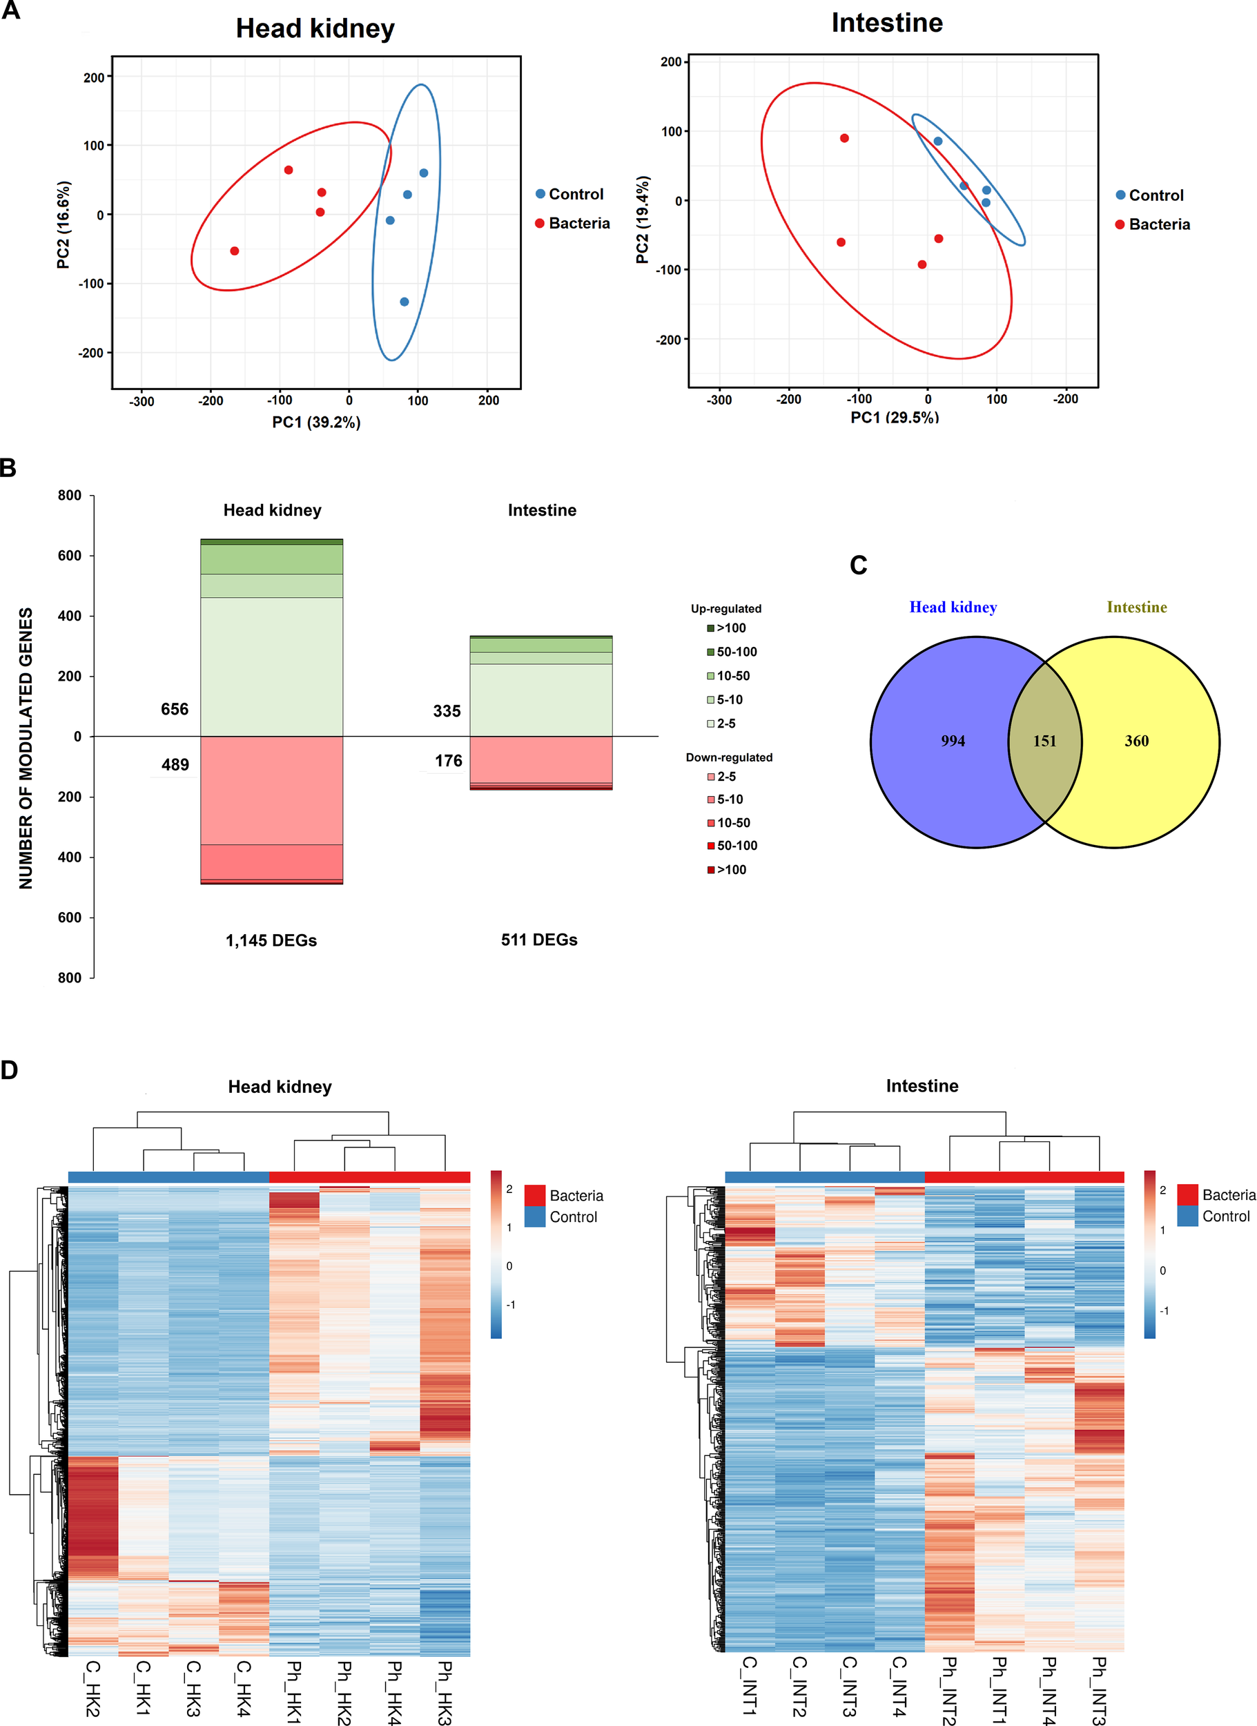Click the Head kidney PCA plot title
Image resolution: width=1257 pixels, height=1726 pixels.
point(315,29)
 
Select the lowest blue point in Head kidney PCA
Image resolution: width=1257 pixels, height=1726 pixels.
point(404,302)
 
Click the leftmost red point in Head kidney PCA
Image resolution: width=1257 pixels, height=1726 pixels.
point(235,251)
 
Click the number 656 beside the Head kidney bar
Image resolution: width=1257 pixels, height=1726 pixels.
point(174,709)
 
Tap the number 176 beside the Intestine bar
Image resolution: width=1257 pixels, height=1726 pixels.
point(448,761)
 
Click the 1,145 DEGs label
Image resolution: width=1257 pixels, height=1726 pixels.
point(271,940)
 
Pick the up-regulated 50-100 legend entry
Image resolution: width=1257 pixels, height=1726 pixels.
point(732,652)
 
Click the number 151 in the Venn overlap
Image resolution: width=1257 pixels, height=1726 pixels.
point(1044,741)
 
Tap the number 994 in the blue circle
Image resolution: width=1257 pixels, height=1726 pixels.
point(953,741)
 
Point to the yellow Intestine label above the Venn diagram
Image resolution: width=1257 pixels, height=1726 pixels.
point(1136,608)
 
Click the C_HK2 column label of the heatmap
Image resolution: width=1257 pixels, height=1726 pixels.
point(92,1689)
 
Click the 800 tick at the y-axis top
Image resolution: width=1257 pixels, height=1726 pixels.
point(69,496)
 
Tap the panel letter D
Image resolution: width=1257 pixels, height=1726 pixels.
point(9,1071)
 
